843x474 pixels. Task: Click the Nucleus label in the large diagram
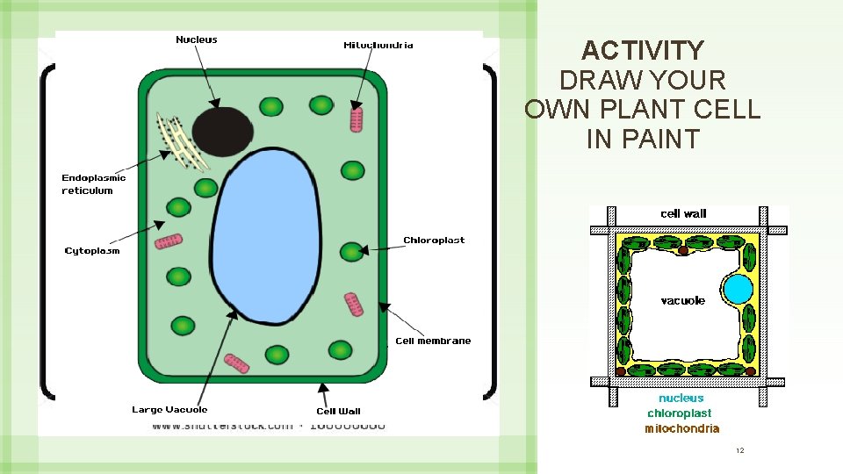coord(197,39)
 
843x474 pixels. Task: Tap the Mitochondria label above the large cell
coord(378,45)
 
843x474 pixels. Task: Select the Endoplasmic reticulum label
coord(93,184)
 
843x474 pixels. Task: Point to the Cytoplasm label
coord(92,251)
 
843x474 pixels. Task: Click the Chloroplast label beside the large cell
coord(434,241)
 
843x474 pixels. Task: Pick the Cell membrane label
coord(433,341)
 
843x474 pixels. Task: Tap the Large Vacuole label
coord(169,410)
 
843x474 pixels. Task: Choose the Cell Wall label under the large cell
coord(338,411)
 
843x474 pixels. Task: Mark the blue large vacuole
coord(263,237)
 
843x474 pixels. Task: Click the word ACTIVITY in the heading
coord(643,50)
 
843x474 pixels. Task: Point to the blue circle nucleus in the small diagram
coord(738,291)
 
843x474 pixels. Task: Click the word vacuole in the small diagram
coord(682,301)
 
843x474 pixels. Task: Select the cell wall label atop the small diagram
coord(682,213)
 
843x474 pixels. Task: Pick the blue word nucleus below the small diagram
coord(681,399)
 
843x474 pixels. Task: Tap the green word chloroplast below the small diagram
coord(680,413)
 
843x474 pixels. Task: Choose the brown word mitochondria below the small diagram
coord(681,428)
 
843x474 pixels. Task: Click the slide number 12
coord(739,450)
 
